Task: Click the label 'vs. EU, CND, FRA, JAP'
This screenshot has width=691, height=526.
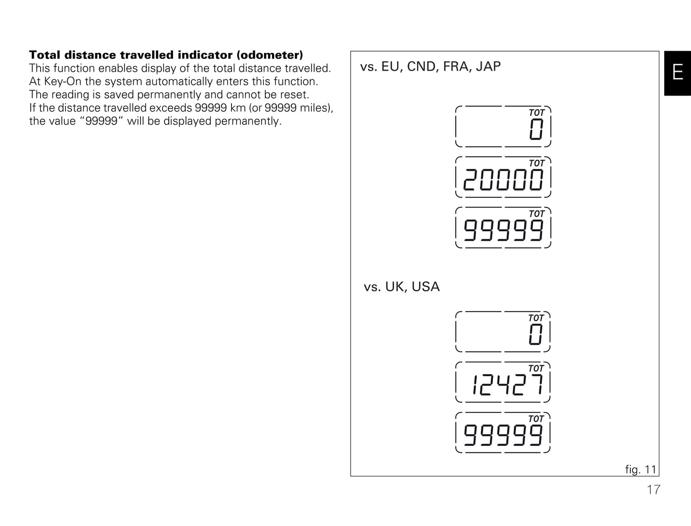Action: pyautogui.click(x=430, y=67)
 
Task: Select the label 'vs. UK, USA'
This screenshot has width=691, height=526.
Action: pyautogui.click(x=402, y=287)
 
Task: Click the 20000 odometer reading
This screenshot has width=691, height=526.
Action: pyautogui.click(x=503, y=180)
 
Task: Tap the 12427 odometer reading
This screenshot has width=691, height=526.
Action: pyautogui.click(x=507, y=385)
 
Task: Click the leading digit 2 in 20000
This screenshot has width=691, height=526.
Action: pyautogui.click(x=471, y=180)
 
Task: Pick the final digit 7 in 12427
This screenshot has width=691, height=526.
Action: pyautogui.click(x=537, y=385)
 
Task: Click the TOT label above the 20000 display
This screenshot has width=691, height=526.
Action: pyautogui.click(x=537, y=163)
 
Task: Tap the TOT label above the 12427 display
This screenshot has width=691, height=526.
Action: pyautogui.click(x=536, y=368)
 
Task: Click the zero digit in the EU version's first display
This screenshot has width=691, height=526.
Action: pyautogui.click(x=536, y=129)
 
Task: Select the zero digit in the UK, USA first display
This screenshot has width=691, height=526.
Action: pyautogui.click(x=536, y=334)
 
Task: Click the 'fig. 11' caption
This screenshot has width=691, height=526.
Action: pyautogui.click(x=641, y=470)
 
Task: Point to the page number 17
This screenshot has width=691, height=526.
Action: pyautogui.click(x=654, y=490)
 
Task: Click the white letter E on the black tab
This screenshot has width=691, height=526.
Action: pyautogui.click(x=678, y=72)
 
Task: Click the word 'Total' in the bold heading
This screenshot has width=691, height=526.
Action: pyautogui.click(x=44, y=55)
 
